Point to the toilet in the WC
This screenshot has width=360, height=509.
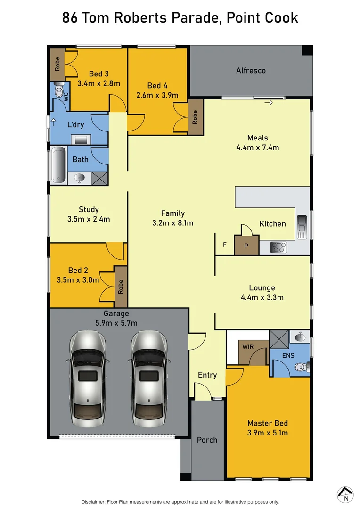[x=59, y=91]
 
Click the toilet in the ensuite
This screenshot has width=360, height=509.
[x=300, y=367]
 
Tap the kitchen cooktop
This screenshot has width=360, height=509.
[x=278, y=247]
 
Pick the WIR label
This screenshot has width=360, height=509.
[x=248, y=347]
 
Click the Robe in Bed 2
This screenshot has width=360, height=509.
[x=121, y=287]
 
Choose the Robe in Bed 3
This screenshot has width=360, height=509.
[x=57, y=64]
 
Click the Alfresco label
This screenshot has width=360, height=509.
[x=251, y=71]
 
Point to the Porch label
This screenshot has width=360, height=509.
[x=207, y=440]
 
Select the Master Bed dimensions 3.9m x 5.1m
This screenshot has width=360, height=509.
[x=268, y=433]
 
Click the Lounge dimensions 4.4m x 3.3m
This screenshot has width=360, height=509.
[x=262, y=297]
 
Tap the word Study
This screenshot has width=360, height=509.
[x=89, y=209]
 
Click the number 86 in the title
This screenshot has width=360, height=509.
[x=70, y=18]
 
